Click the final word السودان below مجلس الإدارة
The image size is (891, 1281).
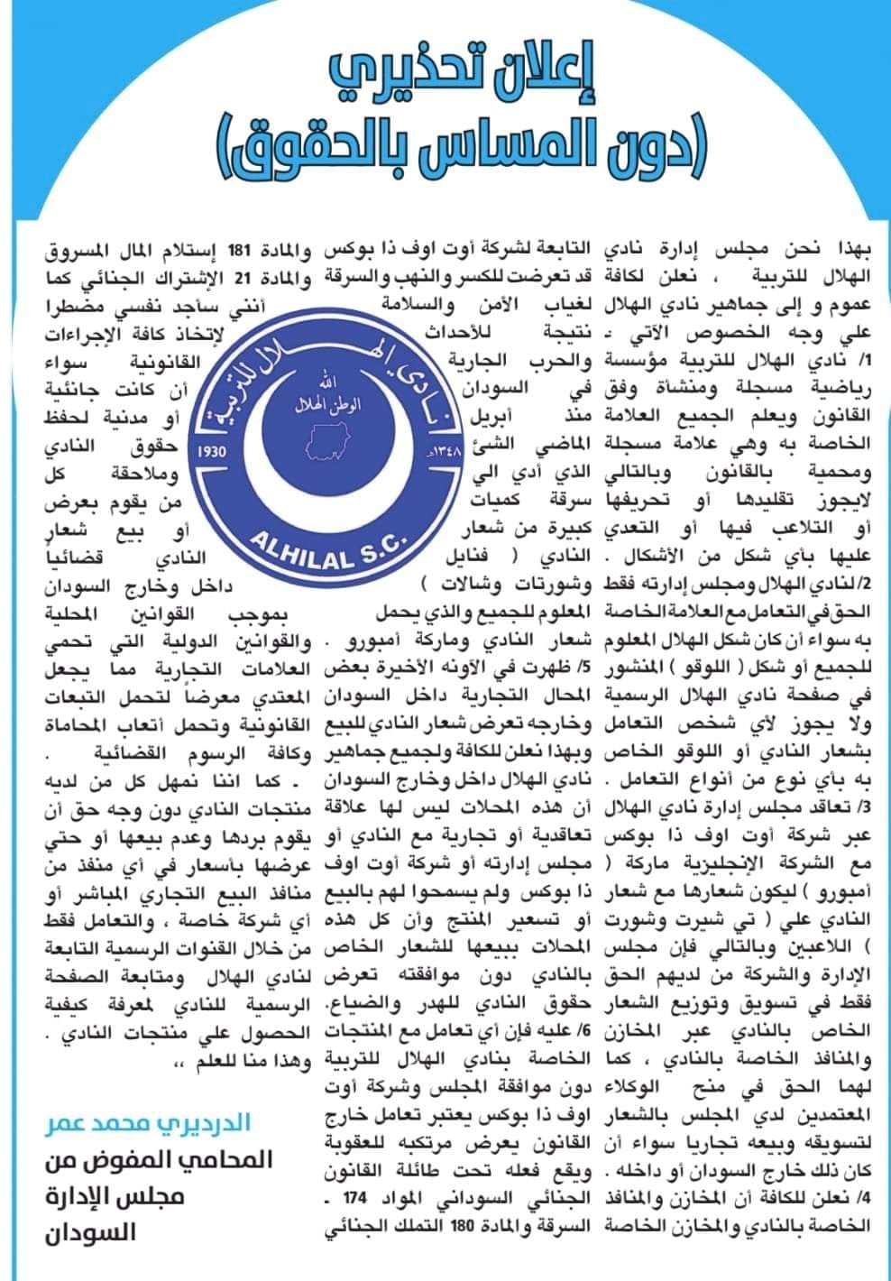click(91, 1233)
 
